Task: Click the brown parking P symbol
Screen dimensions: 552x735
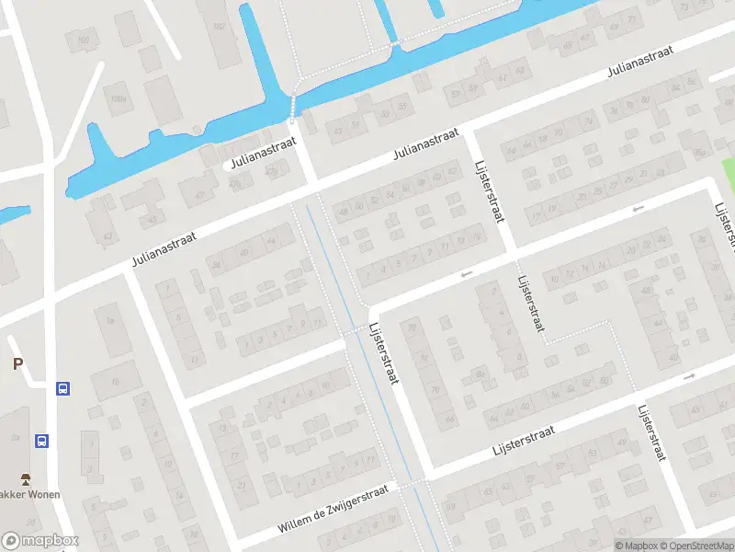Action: tap(17, 364)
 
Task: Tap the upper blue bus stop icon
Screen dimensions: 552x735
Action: tap(62, 388)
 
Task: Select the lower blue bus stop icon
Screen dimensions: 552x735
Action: tap(42, 441)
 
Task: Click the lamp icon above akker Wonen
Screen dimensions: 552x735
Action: tap(26, 478)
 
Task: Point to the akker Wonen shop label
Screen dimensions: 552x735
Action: tap(30, 495)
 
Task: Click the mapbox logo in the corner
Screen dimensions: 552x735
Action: tap(40, 541)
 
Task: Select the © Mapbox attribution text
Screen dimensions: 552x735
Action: tap(636, 546)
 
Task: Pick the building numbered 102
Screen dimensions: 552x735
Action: tap(219, 26)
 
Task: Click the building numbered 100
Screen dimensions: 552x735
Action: tap(85, 40)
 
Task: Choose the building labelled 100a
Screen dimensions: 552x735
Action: tap(119, 98)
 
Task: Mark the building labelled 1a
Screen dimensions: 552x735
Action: tap(111, 319)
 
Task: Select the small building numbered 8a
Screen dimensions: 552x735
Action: tap(480, 374)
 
